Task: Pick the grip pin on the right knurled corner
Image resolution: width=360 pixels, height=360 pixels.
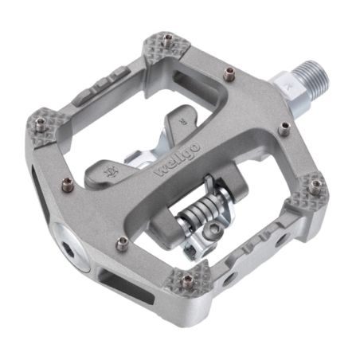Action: (x=316, y=185)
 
